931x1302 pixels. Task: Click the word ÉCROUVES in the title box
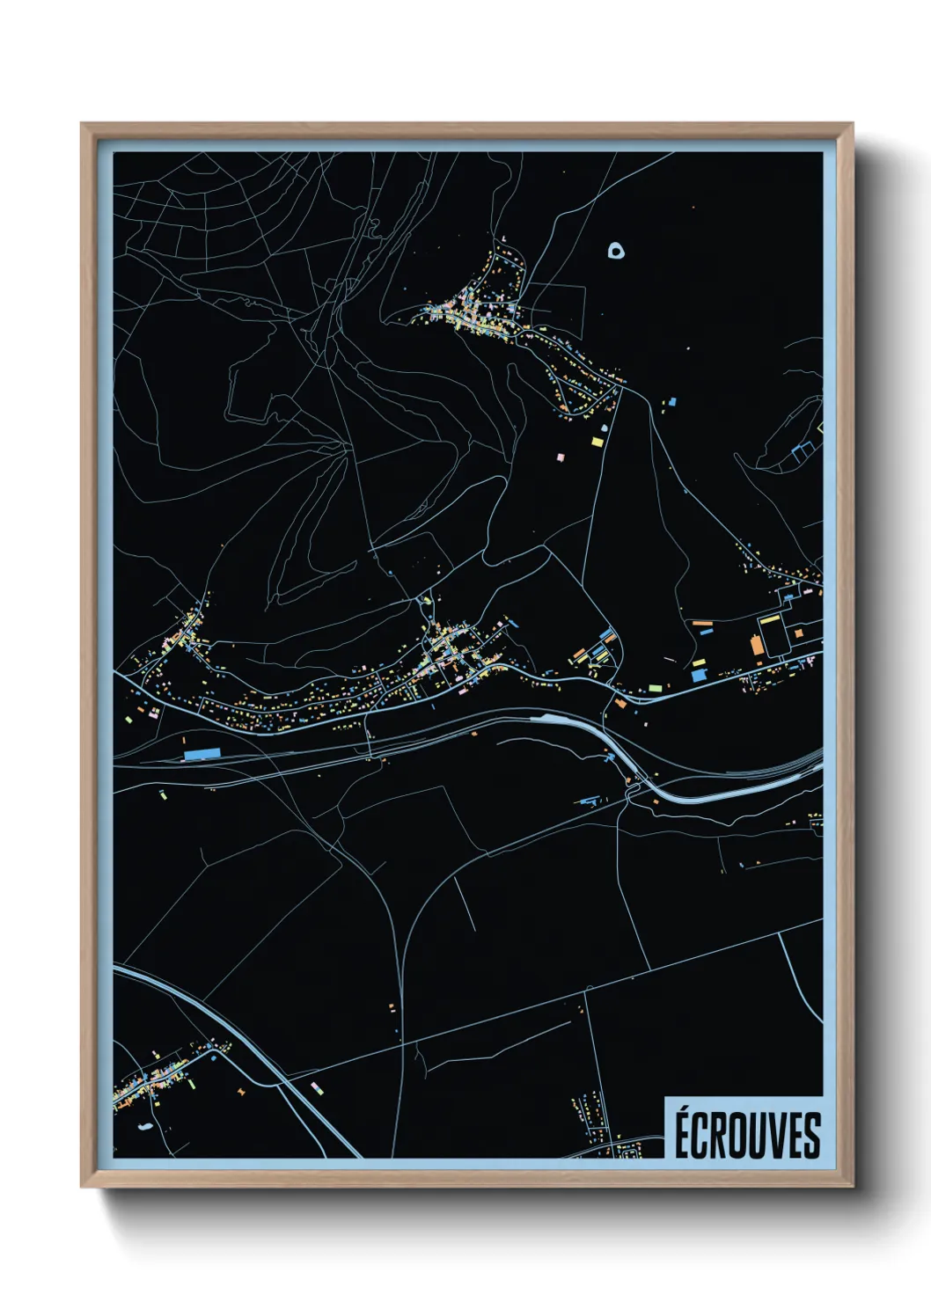click(747, 1135)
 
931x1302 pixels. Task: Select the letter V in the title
click(779, 1136)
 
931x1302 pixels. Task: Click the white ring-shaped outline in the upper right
click(618, 252)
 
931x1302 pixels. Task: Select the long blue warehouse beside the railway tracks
click(202, 754)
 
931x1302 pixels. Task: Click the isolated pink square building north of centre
click(561, 457)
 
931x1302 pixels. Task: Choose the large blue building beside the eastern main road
click(699, 675)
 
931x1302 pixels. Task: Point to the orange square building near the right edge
click(798, 633)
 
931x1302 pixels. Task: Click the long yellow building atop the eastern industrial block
click(770, 618)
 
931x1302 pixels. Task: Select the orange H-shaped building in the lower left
click(240, 1092)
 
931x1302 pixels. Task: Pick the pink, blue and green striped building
click(317, 1087)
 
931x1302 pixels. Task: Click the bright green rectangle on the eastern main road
click(655, 688)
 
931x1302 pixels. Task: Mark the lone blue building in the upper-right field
click(673, 401)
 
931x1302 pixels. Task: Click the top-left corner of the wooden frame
click(82, 124)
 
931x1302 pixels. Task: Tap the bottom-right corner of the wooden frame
click(852, 1187)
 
